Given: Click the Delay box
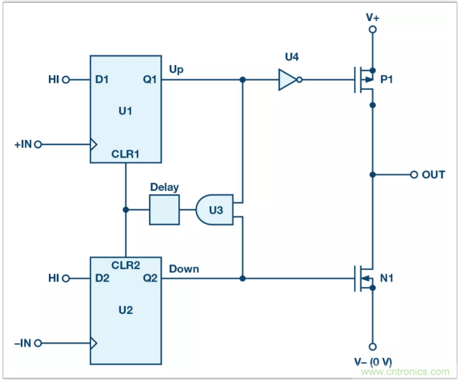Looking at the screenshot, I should pos(164,210).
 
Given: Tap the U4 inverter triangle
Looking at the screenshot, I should pos(287,80).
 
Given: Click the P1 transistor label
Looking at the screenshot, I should pos(387,80).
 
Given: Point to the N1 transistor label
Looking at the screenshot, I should pos(387,278).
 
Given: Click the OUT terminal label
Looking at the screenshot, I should pos(433,175).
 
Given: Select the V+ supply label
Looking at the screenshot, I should pos(372,17).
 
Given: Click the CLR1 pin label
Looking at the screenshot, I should pos(125,154).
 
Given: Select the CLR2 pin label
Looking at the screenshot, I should pos(125,265).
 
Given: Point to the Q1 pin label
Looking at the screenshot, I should pos(149,80).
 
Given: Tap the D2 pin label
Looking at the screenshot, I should pos(102,278).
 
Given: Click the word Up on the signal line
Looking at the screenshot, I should pos(176,69).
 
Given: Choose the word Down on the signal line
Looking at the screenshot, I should pos(184,269).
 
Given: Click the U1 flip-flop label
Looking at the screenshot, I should pos(125,111).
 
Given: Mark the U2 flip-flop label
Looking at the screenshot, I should pos(125,310).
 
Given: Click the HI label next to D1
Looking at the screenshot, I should pos(54,80).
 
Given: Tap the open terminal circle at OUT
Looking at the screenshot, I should pos(413,175).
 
